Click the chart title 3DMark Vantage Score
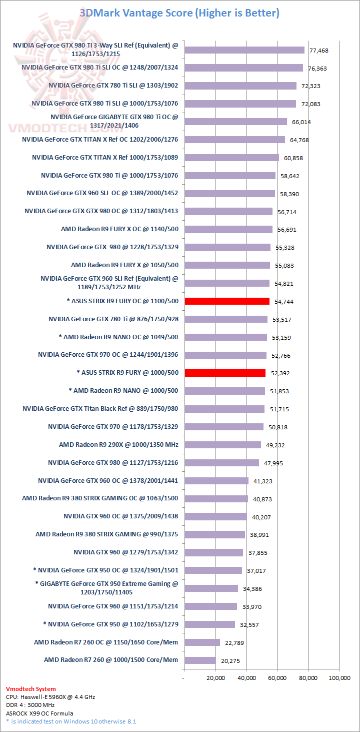(x=179, y=13)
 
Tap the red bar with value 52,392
(x=225, y=373)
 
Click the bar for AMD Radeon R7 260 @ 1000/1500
(x=200, y=660)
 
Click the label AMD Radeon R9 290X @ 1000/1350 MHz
(x=118, y=444)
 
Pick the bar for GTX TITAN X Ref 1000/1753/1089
(x=231, y=158)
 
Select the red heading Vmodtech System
(x=31, y=688)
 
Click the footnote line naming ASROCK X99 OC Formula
(x=39, y=713)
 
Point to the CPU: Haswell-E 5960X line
(x=49, y=696)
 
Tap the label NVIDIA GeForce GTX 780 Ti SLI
(x=113, y=86)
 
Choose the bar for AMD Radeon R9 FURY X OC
(x=228, y=229)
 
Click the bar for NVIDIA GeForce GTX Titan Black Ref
(x=224, y=409)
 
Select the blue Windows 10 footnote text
(x=71, y=721)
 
